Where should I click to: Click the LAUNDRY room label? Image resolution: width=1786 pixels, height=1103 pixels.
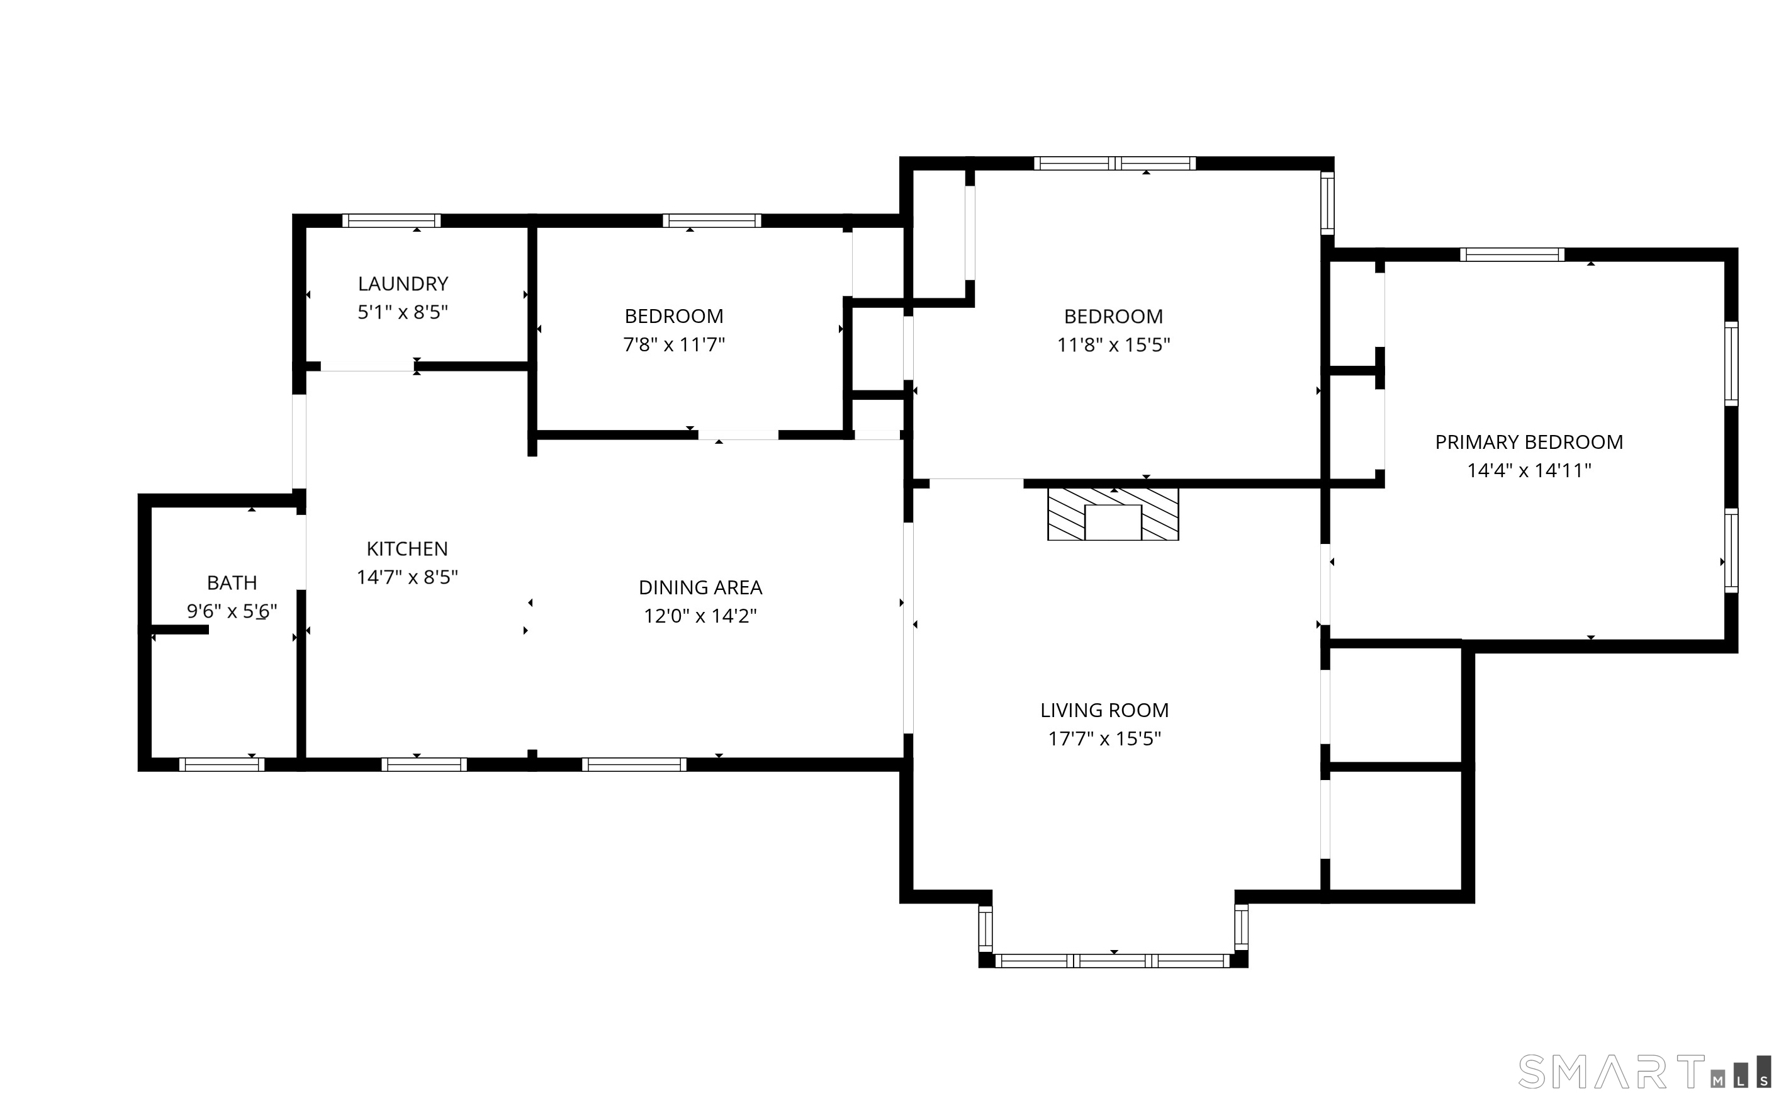pos(402,284)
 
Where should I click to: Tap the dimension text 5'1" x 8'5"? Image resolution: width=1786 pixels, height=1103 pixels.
pos(402,312)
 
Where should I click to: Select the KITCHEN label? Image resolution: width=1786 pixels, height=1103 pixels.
pos(407,548)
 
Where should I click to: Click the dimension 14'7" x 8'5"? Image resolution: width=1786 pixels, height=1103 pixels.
pos(407,577)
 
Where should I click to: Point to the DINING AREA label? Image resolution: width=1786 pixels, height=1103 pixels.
pos(700,587)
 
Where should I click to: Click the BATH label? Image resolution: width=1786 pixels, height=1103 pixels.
pos(232,583)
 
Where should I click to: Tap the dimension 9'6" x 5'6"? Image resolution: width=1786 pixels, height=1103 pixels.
pos(232,611)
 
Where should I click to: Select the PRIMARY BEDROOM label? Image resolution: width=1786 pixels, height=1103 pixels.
pos(1529,442)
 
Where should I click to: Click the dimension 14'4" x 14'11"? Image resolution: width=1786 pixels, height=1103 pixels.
pos(1529,470)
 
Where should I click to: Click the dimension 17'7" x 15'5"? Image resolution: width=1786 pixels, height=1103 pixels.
pos(1104,739)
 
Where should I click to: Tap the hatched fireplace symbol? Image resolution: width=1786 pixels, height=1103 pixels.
pos(1113,514)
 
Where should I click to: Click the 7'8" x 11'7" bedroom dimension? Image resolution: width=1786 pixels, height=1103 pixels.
pos(673,344)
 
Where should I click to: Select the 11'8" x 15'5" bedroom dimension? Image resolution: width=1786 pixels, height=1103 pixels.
pos(1113,344)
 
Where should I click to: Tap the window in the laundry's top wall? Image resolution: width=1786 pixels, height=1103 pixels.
pos(391,221)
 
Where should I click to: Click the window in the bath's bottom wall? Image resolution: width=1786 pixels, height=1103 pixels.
pos(222,764)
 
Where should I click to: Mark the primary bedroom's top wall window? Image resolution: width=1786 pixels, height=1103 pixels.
pos(1511,254)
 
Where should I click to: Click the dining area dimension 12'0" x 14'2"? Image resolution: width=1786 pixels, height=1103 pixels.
pos(700,616)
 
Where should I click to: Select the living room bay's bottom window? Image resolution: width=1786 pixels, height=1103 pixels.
pos(1113,961)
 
